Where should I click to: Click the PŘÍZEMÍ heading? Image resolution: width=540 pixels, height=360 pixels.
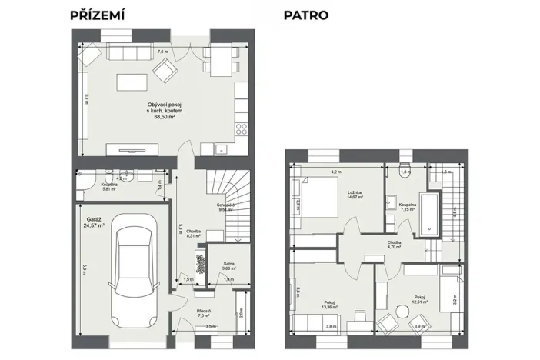pyautogui.click(x=98, y=15)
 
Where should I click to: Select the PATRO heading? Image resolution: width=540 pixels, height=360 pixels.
pyautogui.click(x=306, y=15)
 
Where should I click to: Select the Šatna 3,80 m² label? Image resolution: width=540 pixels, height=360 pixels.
pyautogui.click(x=218, y=266)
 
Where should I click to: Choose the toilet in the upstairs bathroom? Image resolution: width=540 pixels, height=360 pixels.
pyautogui.click(x=405, y=173)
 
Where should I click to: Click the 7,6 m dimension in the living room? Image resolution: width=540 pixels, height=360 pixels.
pyautogui.click(x=162, y=52)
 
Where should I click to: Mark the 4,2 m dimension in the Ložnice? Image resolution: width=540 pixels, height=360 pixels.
pyautogui.click(x=335, y=172)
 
